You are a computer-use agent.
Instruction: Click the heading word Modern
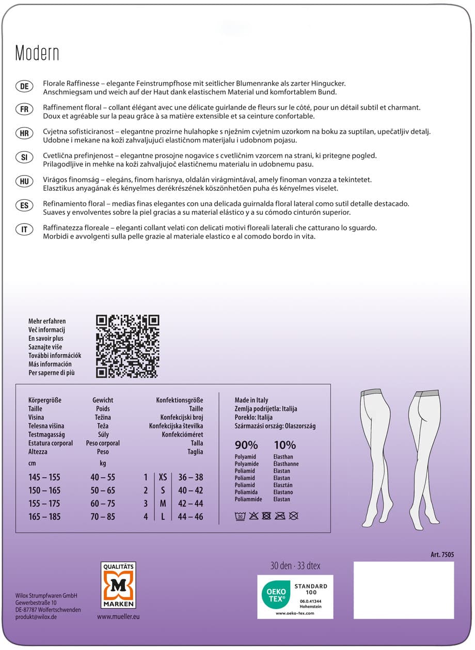pyautogui.click(x=37, y=53)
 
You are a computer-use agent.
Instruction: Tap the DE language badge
pyautogui.click(x=24, y=87)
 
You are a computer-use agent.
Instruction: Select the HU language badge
pyautogui.click(x=24, y=181)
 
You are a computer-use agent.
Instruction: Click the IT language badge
pyautogui.click(x=24, y=230)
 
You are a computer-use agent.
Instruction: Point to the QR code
pyautogui.click(x=128, y=346)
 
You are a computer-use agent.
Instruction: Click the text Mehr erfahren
pyautogui.click(x=47, y=321)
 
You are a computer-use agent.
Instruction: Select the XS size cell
pyautogui.click(x=163, y=478)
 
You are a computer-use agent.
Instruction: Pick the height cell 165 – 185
pyautogui.click(x=44, y=517)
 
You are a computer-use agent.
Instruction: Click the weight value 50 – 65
pyautogui.click(x=103, y=490)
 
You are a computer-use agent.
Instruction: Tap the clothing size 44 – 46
pyautogui.click(x=191, y=517)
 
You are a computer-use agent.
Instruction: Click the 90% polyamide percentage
pyautogui.click(x=246, y=445)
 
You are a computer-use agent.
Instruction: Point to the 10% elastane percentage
pyautogui.click(x=284, y=445)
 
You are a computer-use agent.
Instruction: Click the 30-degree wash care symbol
pyautogui.click(x=240, y=515)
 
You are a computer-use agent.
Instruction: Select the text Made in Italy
pyautogui.click(x=251, y=400)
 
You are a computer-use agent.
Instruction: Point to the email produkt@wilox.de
pyautogui.click(x=36, y=617)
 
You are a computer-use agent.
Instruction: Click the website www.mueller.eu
pyautogui.click(x=118, y=616)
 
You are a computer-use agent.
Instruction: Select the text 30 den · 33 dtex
pyautogui.click(x=295, y=566)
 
